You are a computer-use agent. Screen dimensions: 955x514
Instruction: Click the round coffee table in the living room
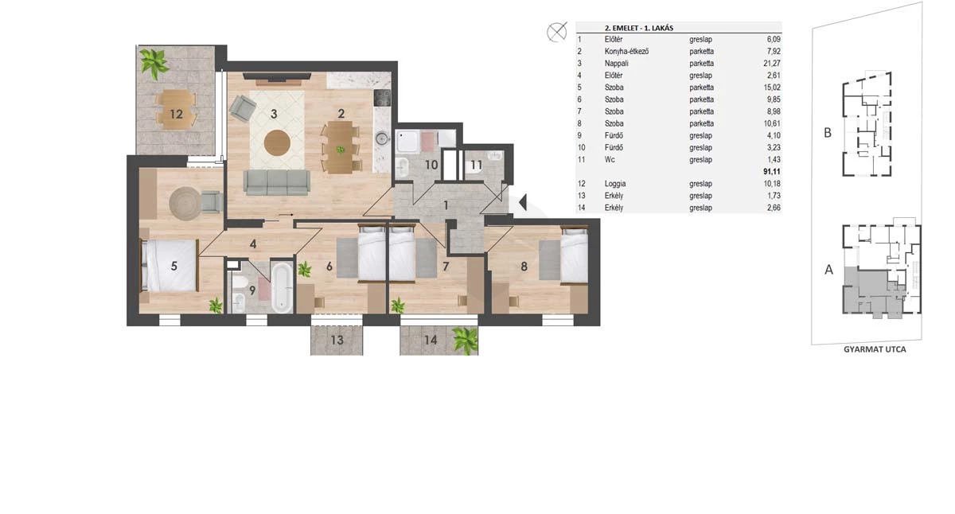point(277,143)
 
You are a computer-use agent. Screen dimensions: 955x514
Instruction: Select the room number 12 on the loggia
point(176,114)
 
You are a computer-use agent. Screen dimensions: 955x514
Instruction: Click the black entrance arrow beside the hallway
point(523,202)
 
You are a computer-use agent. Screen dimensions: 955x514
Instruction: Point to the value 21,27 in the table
point(772,63)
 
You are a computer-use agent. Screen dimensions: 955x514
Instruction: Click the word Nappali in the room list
point(616,63)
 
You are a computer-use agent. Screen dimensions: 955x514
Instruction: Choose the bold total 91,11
point(772,171)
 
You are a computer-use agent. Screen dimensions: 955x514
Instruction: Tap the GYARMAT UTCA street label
point(875,349)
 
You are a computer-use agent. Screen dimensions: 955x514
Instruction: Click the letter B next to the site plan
point(828,133)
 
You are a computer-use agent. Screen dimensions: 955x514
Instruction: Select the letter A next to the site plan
point(828,270)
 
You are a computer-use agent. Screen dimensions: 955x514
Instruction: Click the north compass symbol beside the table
point(557,32)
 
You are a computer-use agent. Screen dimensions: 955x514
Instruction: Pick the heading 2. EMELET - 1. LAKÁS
point(638,28)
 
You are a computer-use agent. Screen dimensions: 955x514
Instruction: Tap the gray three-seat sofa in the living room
point(277,182)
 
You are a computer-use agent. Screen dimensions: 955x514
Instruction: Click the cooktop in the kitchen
point(382,98)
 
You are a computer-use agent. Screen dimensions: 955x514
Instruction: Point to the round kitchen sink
point(382,138)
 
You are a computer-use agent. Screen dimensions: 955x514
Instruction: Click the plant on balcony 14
point(465,340)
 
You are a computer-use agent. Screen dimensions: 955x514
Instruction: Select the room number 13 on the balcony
point(337,340)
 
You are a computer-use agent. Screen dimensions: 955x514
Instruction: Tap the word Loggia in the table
point(615,184)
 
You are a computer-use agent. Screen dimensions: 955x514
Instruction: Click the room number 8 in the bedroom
point(524,267)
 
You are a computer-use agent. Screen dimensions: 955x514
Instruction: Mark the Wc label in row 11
point(610,159)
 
